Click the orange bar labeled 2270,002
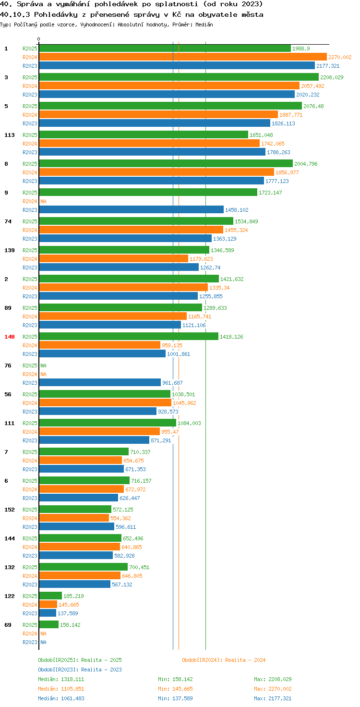(183, 57)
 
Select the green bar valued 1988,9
(165, 49)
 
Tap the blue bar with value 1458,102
(131, 209)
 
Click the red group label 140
(10, 337)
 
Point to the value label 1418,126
(231, 337)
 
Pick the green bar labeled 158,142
(49, 624)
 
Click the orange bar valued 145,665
(48, 604)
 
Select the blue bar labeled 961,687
(100, 382)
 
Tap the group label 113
(10, 135)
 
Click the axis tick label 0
(38, 39)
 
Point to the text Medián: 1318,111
(61, 679)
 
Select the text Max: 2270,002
(273, 689)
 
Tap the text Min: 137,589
(175, 698)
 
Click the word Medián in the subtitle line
(204, 24)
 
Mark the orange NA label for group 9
(44, 201)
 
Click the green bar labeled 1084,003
(108, 423)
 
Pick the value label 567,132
(122, 585)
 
